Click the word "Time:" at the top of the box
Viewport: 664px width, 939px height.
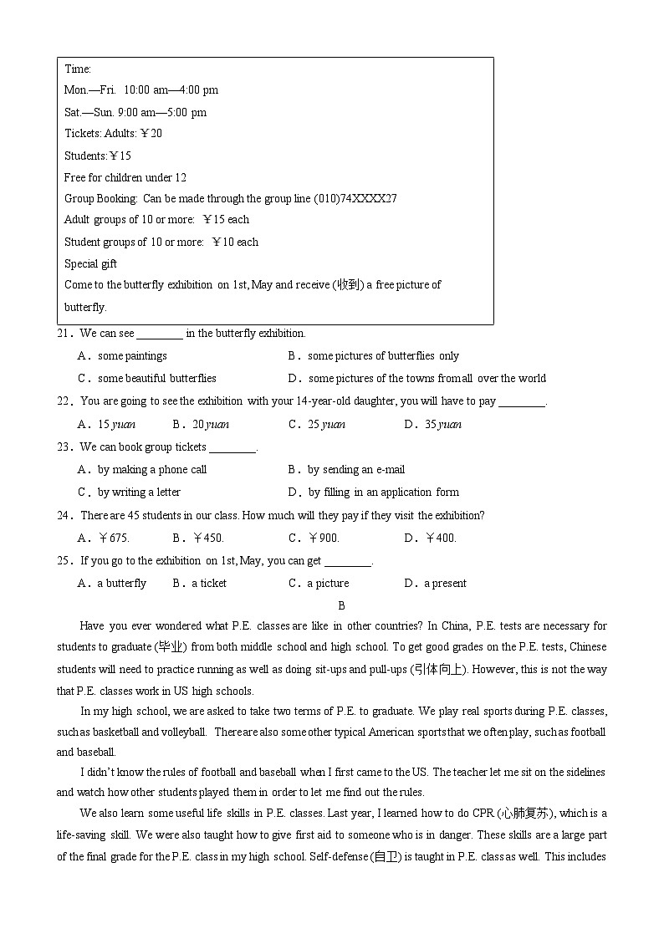[78, 69]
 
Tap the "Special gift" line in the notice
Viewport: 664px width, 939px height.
[90, 263]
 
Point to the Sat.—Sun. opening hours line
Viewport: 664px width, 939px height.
[135, 112]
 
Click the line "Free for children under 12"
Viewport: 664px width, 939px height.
[125, 177]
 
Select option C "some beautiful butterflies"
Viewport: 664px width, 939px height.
[156, 378]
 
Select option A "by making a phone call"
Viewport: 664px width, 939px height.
[151, 469]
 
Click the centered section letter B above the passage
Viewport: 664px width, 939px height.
[341, 605]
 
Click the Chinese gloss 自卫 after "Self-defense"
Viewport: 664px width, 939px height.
[387, 856]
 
